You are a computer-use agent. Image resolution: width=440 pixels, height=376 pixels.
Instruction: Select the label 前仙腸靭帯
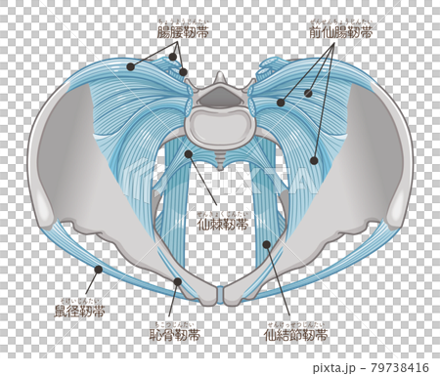340,32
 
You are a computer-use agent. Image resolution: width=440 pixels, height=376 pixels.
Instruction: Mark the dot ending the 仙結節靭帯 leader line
266,244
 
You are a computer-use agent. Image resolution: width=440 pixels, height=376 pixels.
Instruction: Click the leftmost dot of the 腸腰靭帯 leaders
129,66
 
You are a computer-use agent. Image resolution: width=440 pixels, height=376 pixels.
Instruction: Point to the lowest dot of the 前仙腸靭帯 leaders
315,160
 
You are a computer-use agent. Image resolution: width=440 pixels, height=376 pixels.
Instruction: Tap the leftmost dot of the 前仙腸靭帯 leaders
281,102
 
